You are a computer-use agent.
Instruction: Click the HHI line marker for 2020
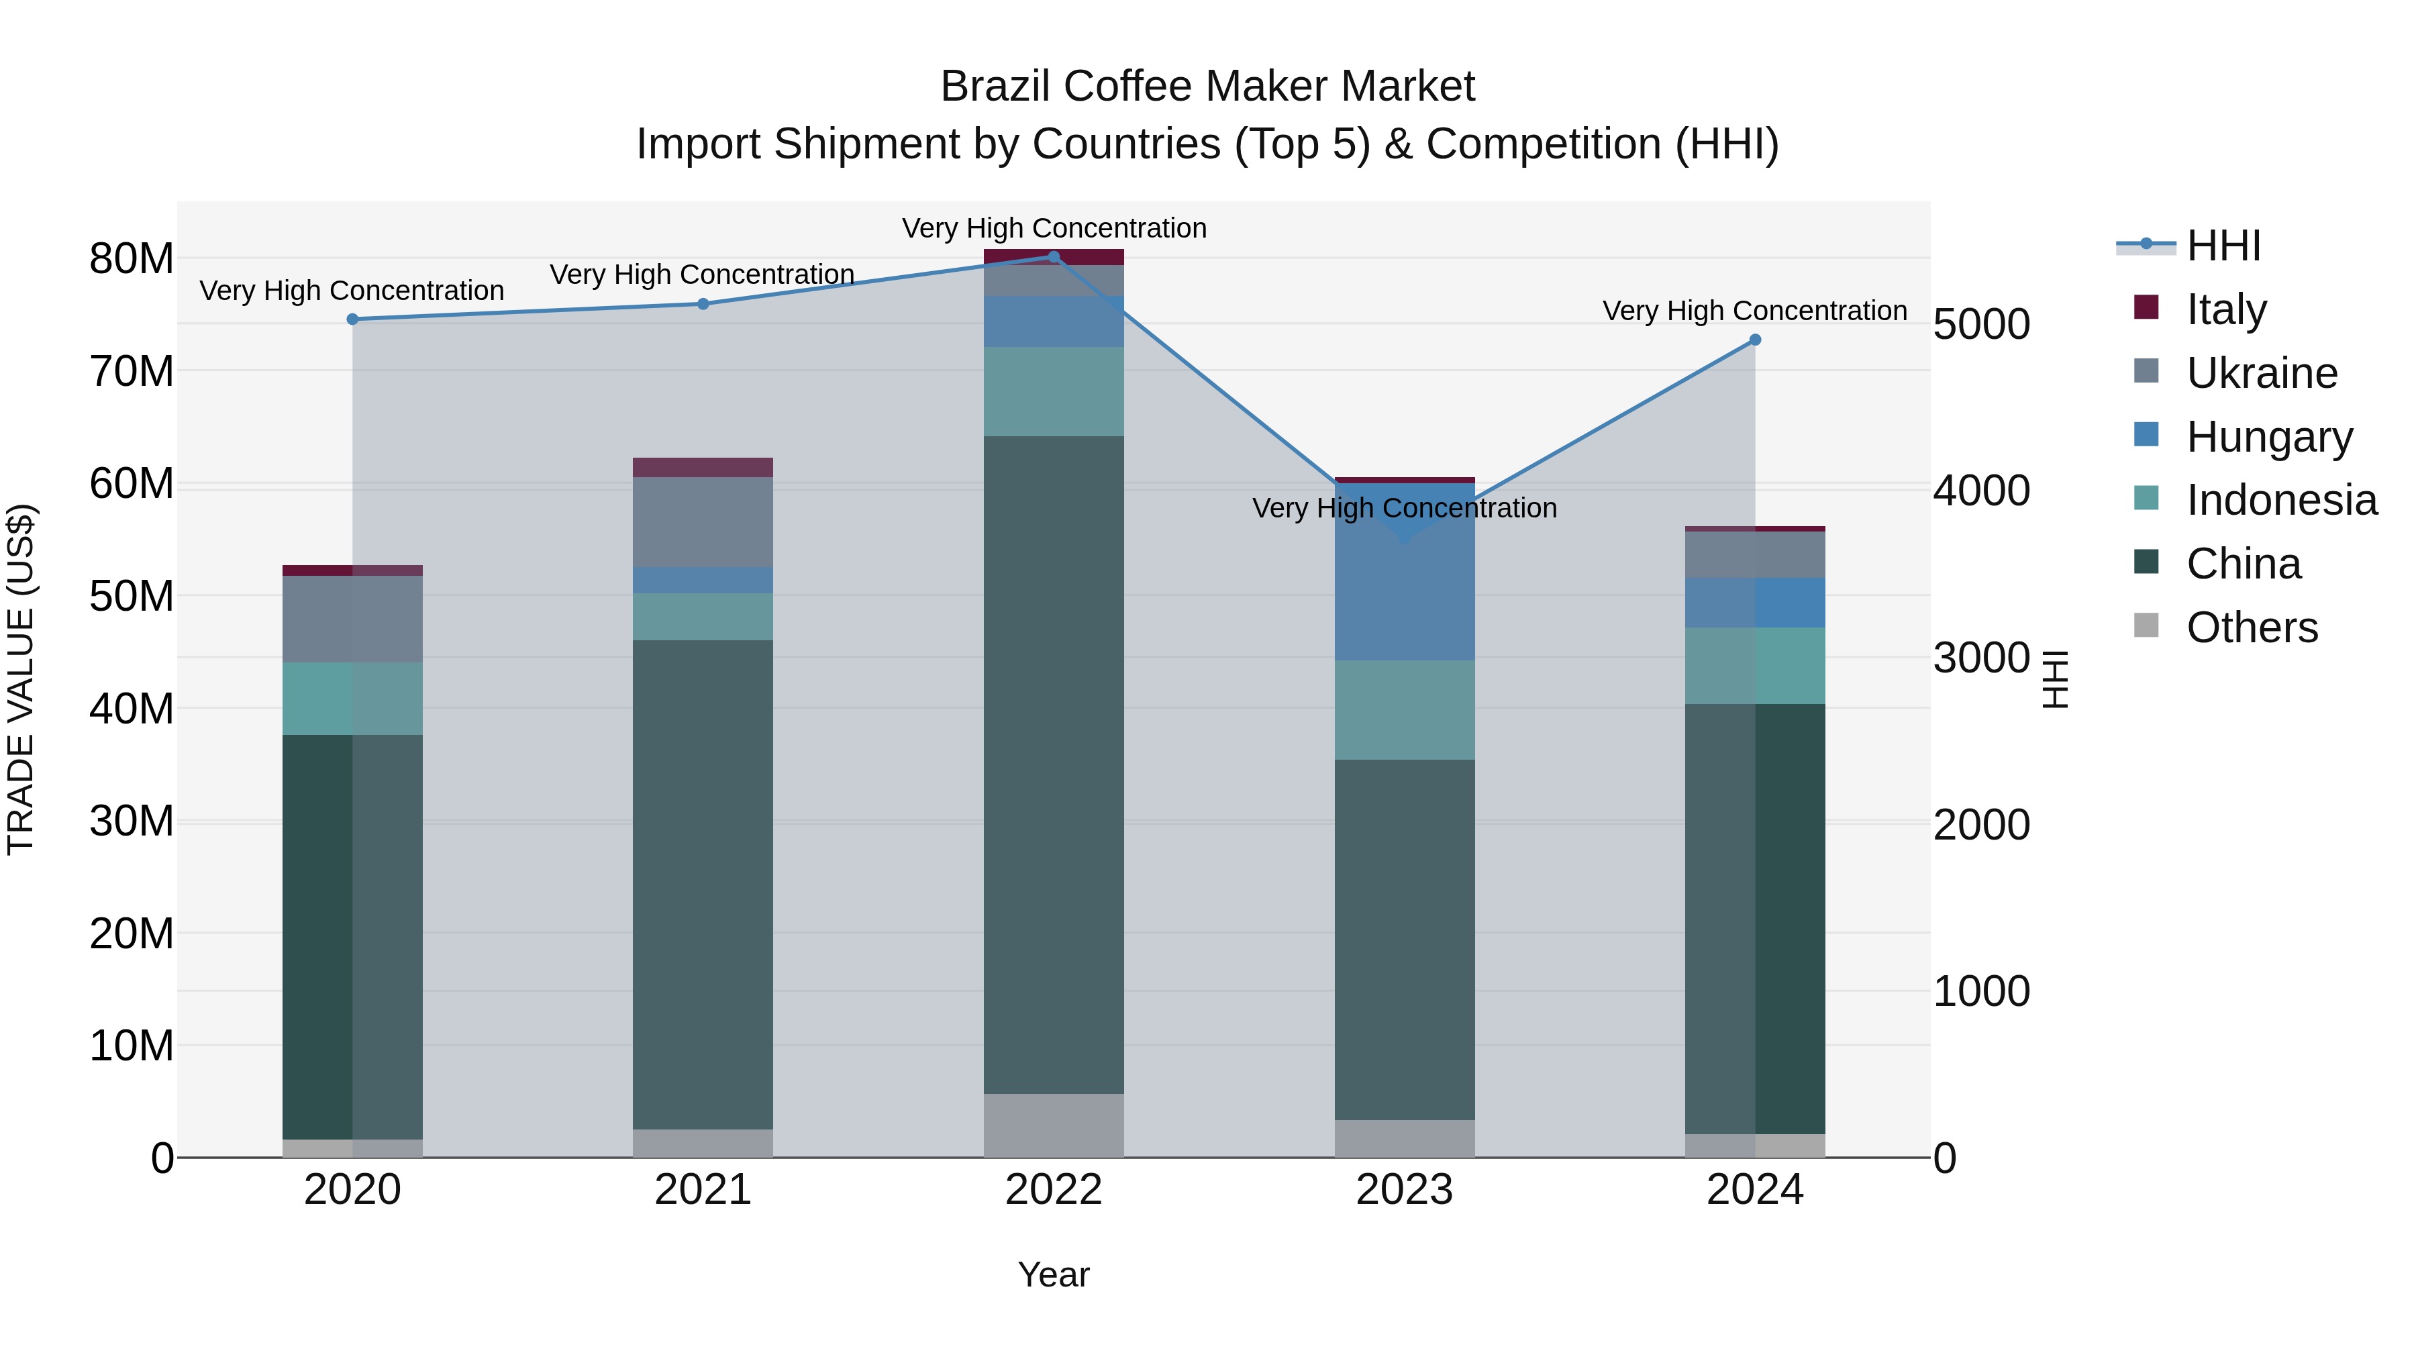pyautogui.click(x=352, y=320)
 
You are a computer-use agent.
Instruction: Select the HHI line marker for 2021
pyautogui.click(x=703, y=304)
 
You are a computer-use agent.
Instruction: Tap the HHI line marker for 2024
pyautogui.click(x=1755, y=340)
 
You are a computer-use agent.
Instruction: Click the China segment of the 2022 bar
pyautogui.click(x=1053, y=764)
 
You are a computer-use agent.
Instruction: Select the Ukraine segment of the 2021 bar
pyautogui.click(x=703, y=521)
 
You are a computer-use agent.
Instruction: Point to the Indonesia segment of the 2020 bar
pyautogui.click(x=352, y=699)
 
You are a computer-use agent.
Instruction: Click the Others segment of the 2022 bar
pyautogui.click(x=1053, y=1125)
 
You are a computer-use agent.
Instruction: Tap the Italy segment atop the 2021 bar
pyautogui.click(x=703, y=467)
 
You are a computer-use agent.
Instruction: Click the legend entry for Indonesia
pyautogui.click(x=2281, y=500)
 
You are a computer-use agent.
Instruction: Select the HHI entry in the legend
pyautogui.click(x=2223, y=246)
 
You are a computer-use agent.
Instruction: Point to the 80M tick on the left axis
pyautogui.click(x=132, y=259)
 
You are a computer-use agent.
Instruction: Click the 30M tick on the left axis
pyautogui.click(x=132, y=821)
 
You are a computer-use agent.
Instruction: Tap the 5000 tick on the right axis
pyautogui.click(x=1981, y=325)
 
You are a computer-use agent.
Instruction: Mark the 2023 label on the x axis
pyautogui.click(x=1404, y=1190)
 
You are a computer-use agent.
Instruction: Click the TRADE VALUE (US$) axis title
pyautogui.click(x=21, y=679)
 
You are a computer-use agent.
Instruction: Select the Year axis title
pyautogui.click(x=1053, y=1274)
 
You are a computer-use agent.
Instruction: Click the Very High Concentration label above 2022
pyautogui.click(x=1053, y=228)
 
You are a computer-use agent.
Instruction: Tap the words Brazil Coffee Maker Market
pyautogui.click(x=1207, y=87)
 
